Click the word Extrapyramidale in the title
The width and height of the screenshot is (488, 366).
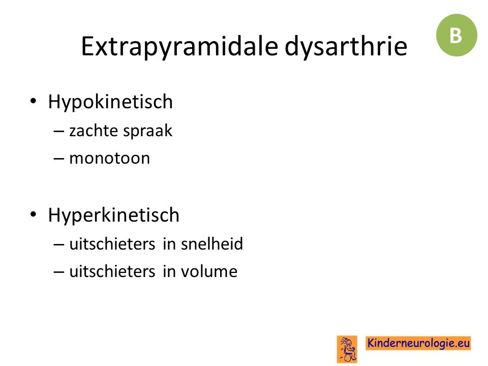coord(179,47)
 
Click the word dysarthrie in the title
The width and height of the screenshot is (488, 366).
coord(346,46)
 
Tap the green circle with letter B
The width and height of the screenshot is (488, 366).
coord(456,35)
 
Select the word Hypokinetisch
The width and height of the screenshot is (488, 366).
coord(110,102)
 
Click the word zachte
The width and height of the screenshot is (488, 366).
coord(94,130)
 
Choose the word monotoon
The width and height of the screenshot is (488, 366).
coord(110,158)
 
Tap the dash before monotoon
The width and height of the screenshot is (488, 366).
coord(59,159)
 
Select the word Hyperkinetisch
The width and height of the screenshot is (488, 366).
coord(113,215)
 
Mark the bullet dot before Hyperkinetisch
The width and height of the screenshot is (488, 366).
coord(34,214)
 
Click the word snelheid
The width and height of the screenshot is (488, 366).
coord(212,243)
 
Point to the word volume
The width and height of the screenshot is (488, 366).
coord(209,271)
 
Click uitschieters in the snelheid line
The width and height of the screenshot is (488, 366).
coord(112,243)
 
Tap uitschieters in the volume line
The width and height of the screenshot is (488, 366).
coord(112,271)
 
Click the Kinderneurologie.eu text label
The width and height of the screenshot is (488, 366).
coord(418,343)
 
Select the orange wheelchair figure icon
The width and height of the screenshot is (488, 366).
coord(347,349)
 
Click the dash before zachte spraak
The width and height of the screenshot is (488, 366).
coord(59,131)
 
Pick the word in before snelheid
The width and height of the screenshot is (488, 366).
coord(169,243)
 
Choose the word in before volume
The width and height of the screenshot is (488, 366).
coord(169,271)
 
